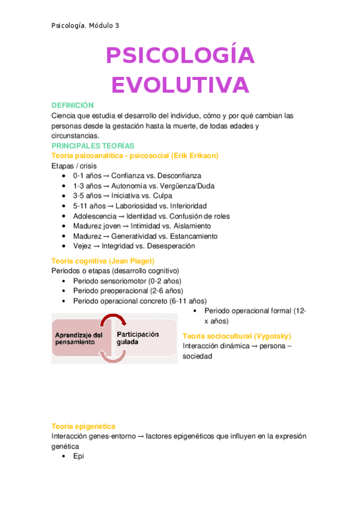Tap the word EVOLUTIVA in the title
180,85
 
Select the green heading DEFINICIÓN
73,105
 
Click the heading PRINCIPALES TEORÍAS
93,146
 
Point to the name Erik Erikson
194,156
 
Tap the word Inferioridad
183,206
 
